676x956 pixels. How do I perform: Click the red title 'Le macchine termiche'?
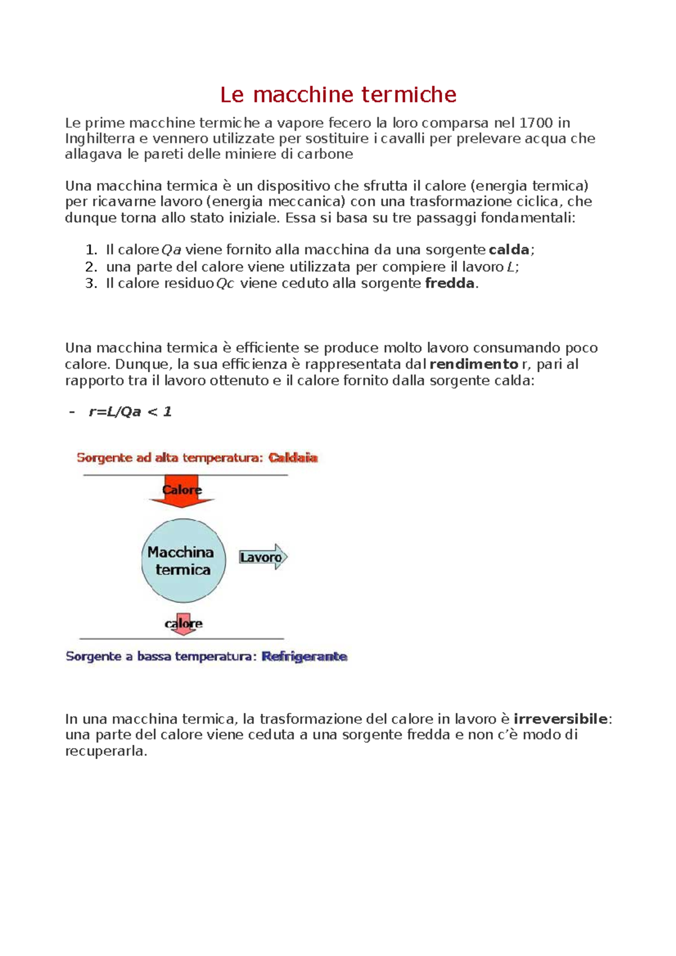tap(338, 95)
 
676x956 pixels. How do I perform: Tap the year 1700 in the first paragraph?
tap(536, 123)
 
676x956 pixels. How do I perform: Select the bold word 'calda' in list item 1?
tap(509, 250)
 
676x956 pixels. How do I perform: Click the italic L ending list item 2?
tap(511, 267)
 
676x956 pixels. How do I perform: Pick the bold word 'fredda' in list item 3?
tap(450, 283)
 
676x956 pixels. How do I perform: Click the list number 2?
tap(90, 267)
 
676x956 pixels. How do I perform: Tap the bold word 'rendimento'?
tap(474, 364)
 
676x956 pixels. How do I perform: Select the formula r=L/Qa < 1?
tap(130, 412)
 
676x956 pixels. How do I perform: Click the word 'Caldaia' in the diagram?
tap(293, 458)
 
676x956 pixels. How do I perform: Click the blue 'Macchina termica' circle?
tap(183, 561)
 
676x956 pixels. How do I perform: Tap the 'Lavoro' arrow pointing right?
tap(263, 557)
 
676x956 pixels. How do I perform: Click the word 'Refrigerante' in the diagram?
tap(304, 656)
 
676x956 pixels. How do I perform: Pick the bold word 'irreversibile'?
tap(561, 719)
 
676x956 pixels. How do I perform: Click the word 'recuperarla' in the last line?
tap(105, 752)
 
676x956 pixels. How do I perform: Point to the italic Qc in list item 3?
tap(225, 284)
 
